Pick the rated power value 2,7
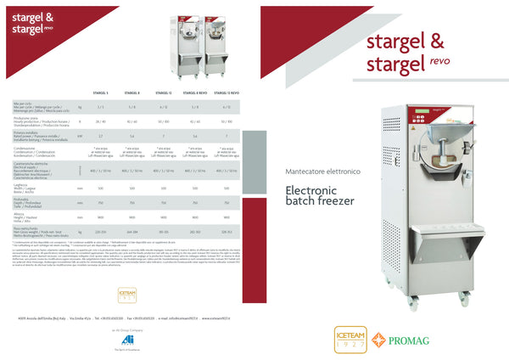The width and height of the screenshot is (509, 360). (101, 136)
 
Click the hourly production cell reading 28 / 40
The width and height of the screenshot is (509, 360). (101, 121)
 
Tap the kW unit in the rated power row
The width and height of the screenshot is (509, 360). (80, 136)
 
